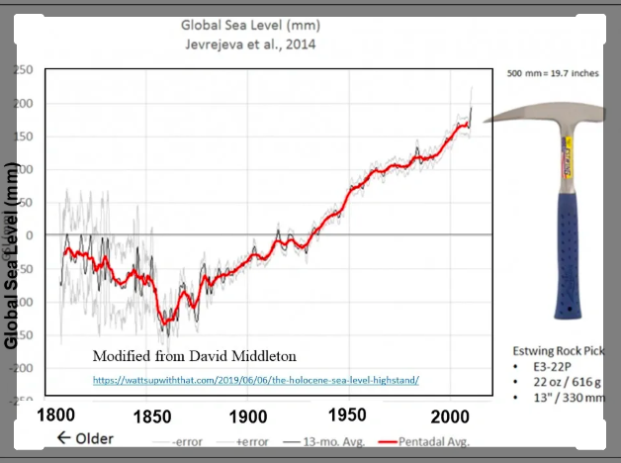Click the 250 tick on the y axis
click(22, 70)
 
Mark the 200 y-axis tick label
click(22, 104)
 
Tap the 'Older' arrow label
click(85, 438)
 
